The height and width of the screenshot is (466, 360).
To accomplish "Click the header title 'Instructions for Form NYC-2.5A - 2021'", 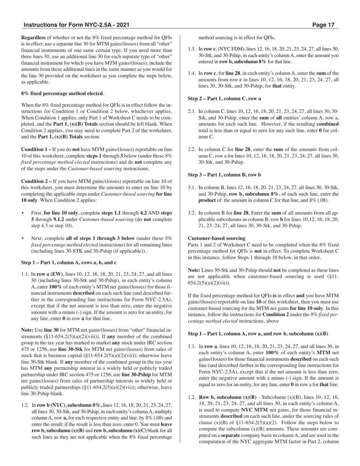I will [x=76, y=25].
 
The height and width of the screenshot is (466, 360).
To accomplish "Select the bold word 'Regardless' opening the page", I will [x=33, y=38].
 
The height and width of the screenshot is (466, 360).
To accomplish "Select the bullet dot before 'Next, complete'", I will [x=23, y=239].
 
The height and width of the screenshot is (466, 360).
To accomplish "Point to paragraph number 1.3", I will [x=192, y=49].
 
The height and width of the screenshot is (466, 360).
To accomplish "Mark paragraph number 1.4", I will [x=192, y=73].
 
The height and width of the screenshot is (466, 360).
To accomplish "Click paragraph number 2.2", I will [x=192, y=149].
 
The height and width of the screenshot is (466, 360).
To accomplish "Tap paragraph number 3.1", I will [x=192, y=188].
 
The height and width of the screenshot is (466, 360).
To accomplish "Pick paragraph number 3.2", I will [x=192, y=213].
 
